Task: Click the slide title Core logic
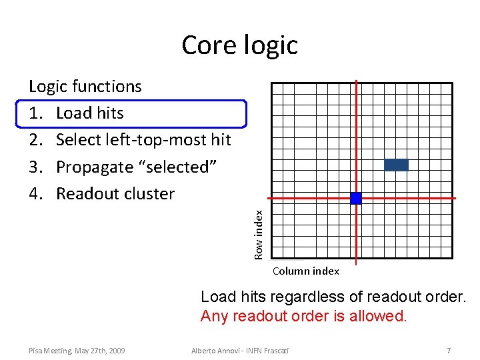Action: pyautogui.click(x=239, y=45)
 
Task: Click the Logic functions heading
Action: pyautogui.click(x=85, y=87)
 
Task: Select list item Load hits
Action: pyautogui.click(x=90, y=113)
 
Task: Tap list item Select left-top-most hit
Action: pyautogui.click(x=143, y=140)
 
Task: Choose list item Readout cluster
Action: pyautogui.click(x=115, y=194)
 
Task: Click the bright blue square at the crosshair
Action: pyautogui.click(x=356, y=198)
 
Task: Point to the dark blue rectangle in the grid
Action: pyautogui.click(x=396, y=165)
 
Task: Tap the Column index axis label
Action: pyautogui.click(x=306, y=271)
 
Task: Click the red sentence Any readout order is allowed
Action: pyautogui.click(x=303, y=316)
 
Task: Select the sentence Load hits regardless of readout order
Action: pyautogui.click(x=333, y=297)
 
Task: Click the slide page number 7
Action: pyautogui.click(x=449, y=351)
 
